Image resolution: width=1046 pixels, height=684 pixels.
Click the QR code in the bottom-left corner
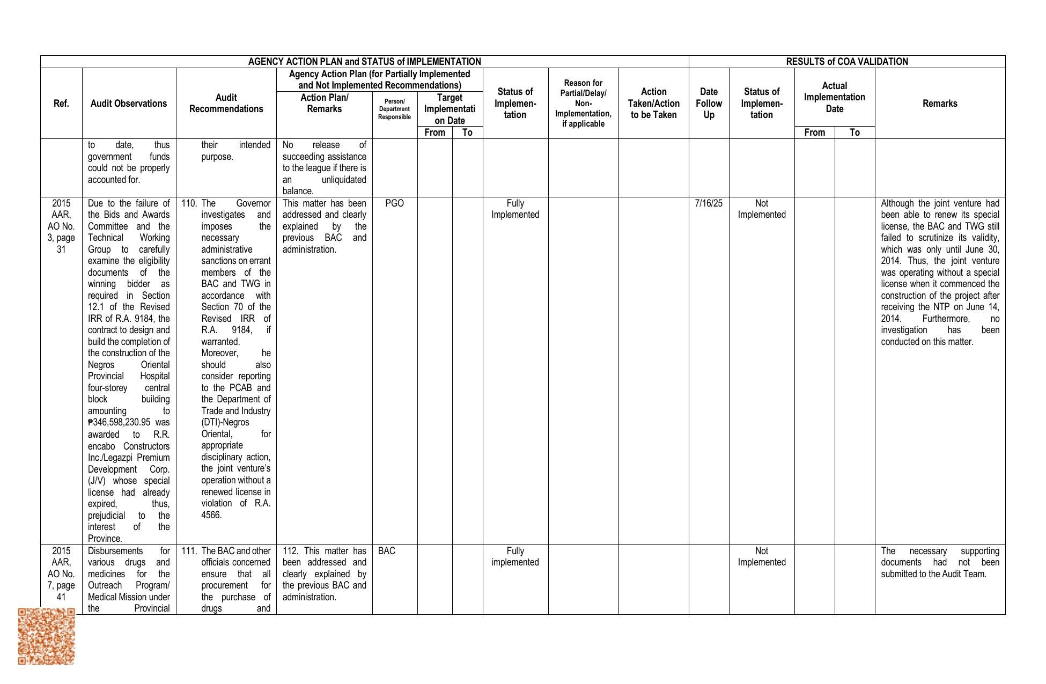pyautogui.click(x=46, y=636)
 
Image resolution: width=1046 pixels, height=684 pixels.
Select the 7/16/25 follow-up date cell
pyautogui.click(x=708, y=203)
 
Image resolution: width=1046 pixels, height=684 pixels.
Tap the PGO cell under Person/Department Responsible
pyautogui.click(x=394, y=203)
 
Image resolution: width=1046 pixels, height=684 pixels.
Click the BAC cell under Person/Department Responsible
pyautogui.click(x=386, y=551)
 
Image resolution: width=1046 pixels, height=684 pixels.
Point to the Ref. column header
pyautogui.click(x=61, y=104)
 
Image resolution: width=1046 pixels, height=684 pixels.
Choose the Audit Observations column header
pyautogui.click(x=129, y=104)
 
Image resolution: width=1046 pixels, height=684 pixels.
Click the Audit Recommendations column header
pyautogui.click(x=226, y=104)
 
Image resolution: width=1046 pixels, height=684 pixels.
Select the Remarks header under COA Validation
pyautogui.click(x=940, y=104)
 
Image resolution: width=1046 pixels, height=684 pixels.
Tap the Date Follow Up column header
pyautogui.click(x=709, y=104)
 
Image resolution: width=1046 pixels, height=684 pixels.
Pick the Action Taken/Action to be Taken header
pyautogui.click(x=653, y=104)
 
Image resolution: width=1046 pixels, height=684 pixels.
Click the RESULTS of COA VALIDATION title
pyautogui.click(x=847, y=62)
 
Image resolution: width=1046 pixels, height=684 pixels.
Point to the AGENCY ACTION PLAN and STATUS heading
pyautogui.click(x=364, y=62)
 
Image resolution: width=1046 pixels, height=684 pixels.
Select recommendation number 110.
pyautogui.click(x=189, y=203)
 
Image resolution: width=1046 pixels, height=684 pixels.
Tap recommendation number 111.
pyautogui.click(x=189, y=551)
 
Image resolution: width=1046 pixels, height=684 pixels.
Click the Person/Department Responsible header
pyautogui.click(x=394, y=109)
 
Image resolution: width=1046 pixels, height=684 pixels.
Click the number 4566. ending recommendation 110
pyautogui.click(x=211, y=515)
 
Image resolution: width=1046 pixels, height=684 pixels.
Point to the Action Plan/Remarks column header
pyautogui.click(x=324, y=104)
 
